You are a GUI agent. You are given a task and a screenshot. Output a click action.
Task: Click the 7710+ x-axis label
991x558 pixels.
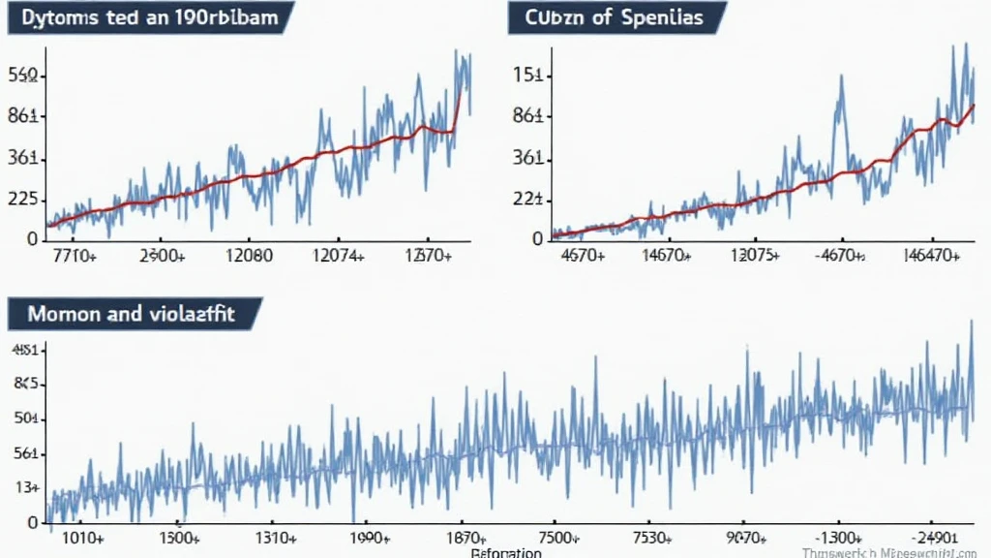73,256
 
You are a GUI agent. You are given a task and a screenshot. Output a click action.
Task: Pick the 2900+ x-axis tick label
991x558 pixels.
162,256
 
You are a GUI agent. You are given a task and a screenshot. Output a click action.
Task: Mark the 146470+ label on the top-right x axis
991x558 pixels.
926,256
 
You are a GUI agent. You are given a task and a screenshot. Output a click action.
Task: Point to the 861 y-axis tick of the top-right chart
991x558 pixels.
531,116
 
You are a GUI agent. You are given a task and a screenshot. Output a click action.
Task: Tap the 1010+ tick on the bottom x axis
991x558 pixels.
82,538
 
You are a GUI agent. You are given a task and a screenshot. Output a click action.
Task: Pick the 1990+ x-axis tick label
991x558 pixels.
370,538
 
